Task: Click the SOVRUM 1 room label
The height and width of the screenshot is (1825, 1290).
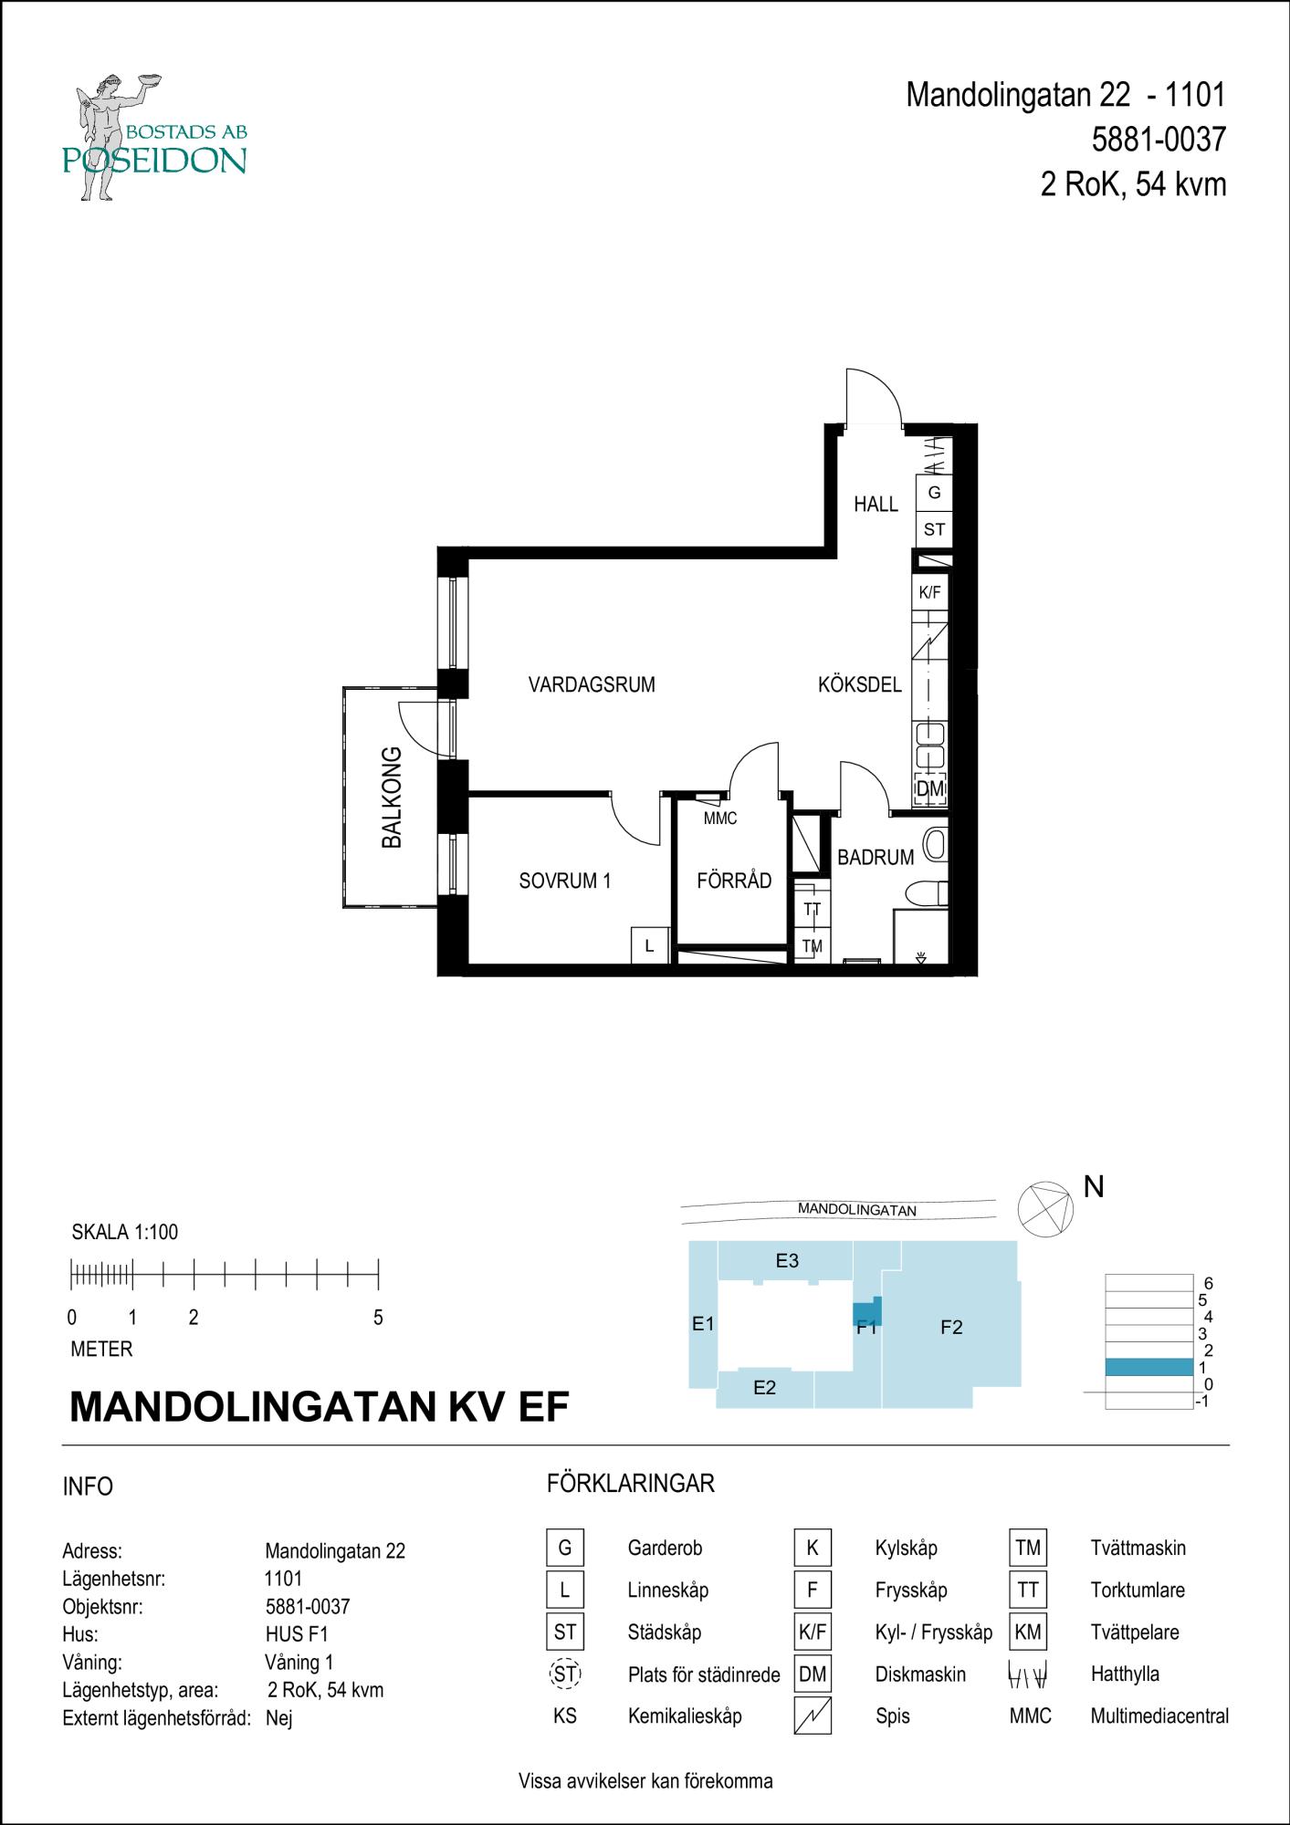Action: (x=564, y=881)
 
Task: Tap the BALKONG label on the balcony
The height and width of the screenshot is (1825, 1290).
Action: (x=392, y=798)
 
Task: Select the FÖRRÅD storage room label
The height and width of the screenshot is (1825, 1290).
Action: (x=733, y=881)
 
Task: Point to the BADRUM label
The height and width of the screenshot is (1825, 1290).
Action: (x=875, y=857)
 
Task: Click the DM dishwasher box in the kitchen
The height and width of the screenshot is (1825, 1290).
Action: (x=929, y=788)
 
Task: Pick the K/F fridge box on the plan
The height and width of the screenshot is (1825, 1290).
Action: (x=929, y=592)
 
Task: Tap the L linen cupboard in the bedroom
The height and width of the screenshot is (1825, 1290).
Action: (x=650, y=946)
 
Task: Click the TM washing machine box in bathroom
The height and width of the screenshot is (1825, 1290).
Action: (x=812, y=946)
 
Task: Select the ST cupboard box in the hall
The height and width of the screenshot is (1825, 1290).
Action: (x=933, y=529)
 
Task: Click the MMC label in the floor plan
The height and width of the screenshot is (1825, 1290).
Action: (x=719, y=819)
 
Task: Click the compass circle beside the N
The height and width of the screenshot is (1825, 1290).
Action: (x=1046, y=1209)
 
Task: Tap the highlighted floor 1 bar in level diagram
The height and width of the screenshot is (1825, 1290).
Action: (x=1148, y=1367)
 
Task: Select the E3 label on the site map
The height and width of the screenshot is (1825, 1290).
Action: (x=787, y=1261)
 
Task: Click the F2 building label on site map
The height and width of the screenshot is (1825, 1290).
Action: (x=951, y=1328)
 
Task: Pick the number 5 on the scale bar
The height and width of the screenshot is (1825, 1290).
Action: (x=378, y=1318)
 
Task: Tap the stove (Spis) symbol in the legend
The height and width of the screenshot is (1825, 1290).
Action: (x=812, y=1716)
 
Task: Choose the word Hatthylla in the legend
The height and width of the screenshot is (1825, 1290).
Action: (x=1124, y=1674)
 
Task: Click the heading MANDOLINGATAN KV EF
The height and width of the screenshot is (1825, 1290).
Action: (x=319, y=1407)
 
